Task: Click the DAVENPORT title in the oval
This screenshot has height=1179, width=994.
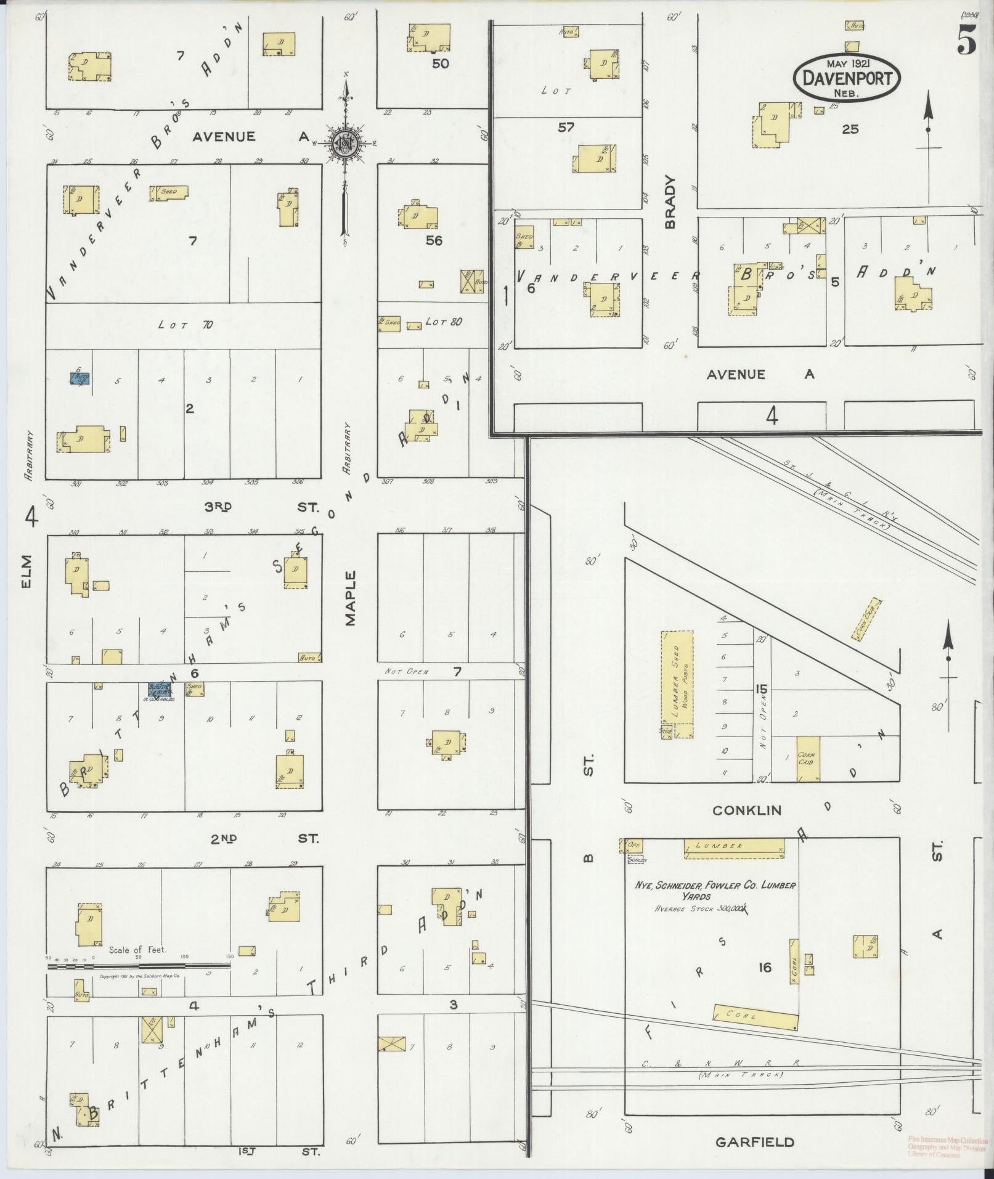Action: [847, 78]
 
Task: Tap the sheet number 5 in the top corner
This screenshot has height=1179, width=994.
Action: [966, 42]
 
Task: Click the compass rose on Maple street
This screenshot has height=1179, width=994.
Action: [345, 143]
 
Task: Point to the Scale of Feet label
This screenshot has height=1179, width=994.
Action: [137, 950]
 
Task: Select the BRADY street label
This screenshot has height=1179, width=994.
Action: [670, 202]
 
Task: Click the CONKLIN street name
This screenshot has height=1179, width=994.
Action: [746, 810]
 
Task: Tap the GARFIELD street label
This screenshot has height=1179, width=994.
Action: [754, 1142]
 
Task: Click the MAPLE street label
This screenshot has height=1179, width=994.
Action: [351, 598]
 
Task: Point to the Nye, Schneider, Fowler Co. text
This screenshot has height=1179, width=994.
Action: [715, 886]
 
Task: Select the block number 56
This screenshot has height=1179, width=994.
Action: [434, 240]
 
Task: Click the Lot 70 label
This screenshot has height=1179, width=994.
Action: [185, 324]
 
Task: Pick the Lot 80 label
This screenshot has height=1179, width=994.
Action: [443, 322]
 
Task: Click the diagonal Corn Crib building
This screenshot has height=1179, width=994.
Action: [866, 618]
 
